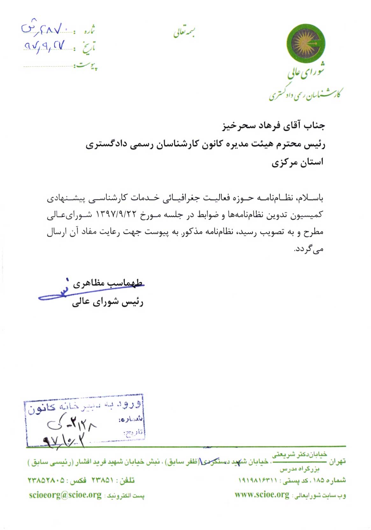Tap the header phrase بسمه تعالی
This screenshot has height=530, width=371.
(x=184, y=32)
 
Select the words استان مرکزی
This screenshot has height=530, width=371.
(x=297, y=163)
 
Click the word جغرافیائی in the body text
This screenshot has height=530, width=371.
(x=181, y=198)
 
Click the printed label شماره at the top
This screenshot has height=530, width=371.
(x=89, y=31)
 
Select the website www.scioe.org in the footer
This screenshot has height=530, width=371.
(x=262, y=495)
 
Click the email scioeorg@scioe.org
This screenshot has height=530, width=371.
(x=65, y=495)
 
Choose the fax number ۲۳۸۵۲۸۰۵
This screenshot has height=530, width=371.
(x=46, y=480)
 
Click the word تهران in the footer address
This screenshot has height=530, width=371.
(x=337, y=461)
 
